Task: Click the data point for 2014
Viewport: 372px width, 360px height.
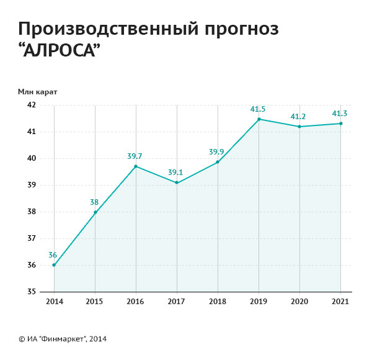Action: click(x=54, y=265)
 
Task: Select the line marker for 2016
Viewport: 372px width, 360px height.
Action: click(x=136, y=166)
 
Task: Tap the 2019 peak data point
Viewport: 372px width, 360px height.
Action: click(x=259, y=119)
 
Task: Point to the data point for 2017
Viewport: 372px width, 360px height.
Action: click(x=177, y=182)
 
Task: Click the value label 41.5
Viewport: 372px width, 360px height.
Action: click(x=258, y=109)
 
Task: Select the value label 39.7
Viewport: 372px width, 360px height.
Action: click(x=135, y=156)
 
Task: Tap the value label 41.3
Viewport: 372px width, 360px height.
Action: click(x=340, y=114)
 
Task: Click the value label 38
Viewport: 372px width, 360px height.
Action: click(x=95, y=202)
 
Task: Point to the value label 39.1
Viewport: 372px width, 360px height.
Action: click(x=177, y=173)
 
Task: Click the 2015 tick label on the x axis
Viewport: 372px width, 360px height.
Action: click(x=95, y=302)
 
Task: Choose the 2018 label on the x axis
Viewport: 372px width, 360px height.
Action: click(x=218, y=302)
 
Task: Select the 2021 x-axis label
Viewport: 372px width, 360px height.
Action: click(x=340, y=302)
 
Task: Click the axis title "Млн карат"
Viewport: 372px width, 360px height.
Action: click(x=38, y=91)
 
